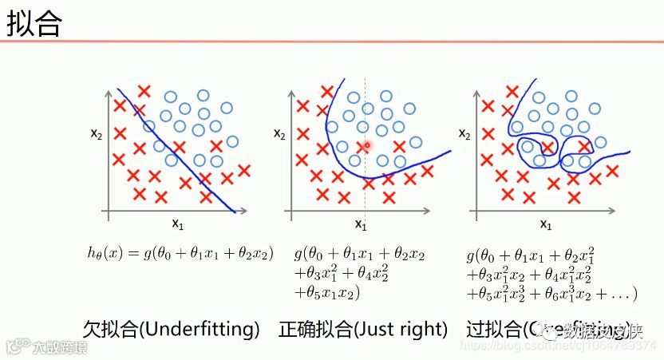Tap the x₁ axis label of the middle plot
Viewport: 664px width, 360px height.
point(360,225)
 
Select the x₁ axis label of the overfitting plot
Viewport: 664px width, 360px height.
point(545,224)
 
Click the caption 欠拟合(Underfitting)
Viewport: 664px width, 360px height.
point(172,329)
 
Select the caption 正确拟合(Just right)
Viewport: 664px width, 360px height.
point(363,329)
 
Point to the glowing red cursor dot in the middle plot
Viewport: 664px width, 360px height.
point(366,145)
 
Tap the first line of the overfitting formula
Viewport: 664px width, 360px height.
point(530,255)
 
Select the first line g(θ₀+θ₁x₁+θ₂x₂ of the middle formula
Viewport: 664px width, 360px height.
point(359,254)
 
